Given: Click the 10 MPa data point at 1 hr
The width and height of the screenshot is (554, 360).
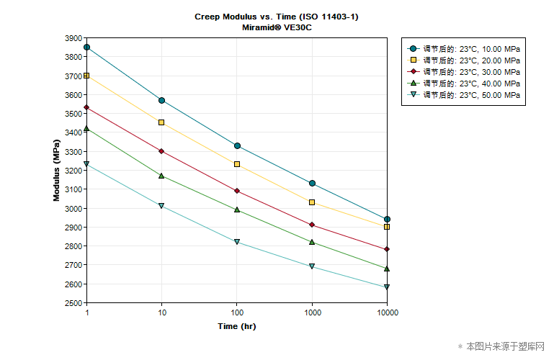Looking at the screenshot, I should point(87,48).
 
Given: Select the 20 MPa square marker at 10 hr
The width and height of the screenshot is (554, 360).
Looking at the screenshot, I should point(162,122).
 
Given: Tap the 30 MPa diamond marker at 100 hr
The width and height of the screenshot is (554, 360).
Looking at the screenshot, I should point(237,191).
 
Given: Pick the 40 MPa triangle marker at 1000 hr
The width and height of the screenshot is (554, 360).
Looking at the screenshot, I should point(312,242).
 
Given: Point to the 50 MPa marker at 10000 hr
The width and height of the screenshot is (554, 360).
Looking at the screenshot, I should point(387,287).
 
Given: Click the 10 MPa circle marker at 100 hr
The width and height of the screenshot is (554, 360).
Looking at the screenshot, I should point(237,146).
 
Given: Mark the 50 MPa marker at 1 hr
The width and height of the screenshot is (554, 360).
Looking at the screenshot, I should point(87,164).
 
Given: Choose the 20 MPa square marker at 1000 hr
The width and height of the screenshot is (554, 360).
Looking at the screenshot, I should point(312,202).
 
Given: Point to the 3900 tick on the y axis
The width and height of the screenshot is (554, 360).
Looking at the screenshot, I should point(73,38).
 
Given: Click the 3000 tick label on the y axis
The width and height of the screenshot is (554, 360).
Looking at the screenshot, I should point(73,209).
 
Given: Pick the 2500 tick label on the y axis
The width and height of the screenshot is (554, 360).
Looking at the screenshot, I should point(73,303).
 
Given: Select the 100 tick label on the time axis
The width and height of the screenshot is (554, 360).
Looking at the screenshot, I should point(237,313).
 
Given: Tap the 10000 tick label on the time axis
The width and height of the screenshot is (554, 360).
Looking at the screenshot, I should point(387,313).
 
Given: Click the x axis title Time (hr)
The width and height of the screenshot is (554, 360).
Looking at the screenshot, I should point(237,326).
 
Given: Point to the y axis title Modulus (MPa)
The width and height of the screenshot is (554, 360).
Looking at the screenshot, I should point(57,170).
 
